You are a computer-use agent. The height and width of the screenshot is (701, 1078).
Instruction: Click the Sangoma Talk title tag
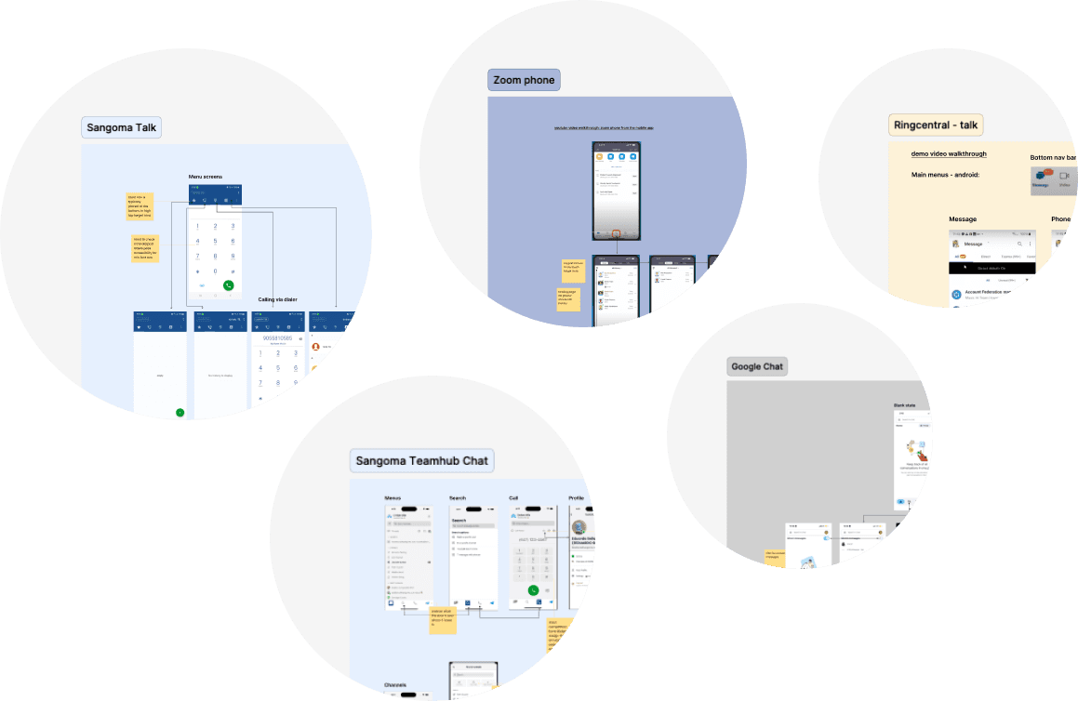click(122, 127)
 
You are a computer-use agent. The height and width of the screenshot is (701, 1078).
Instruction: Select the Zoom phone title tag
click(525, 80)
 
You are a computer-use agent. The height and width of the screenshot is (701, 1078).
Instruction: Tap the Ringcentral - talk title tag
click(936, 126)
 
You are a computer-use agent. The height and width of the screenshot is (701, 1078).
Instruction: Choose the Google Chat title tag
click(757, 366)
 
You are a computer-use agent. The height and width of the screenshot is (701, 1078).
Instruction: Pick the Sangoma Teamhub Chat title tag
click(422, 460)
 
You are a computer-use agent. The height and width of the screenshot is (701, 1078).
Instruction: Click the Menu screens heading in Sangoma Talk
click(206, 177)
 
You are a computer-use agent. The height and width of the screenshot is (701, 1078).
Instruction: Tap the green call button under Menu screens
click(228, 285)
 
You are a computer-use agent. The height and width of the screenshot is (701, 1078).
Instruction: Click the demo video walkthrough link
click(949, 154)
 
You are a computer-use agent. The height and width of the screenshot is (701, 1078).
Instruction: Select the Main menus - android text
click(945, 175)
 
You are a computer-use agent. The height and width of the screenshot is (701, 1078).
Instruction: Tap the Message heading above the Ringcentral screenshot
click(963, 219)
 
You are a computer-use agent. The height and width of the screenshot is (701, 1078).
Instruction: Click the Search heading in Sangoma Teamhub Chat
click(458, 498)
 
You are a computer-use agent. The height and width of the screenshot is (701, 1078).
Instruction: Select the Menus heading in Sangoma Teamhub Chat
click(393, 498)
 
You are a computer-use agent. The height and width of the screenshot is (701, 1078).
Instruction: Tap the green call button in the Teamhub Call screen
click(533, 589)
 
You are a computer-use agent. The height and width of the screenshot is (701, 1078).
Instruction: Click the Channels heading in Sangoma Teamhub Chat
click(395, 685)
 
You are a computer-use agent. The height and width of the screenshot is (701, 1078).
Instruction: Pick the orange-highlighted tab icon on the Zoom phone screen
click(616, 234)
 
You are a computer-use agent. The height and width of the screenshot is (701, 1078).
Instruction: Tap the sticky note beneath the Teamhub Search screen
click(443, 619)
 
